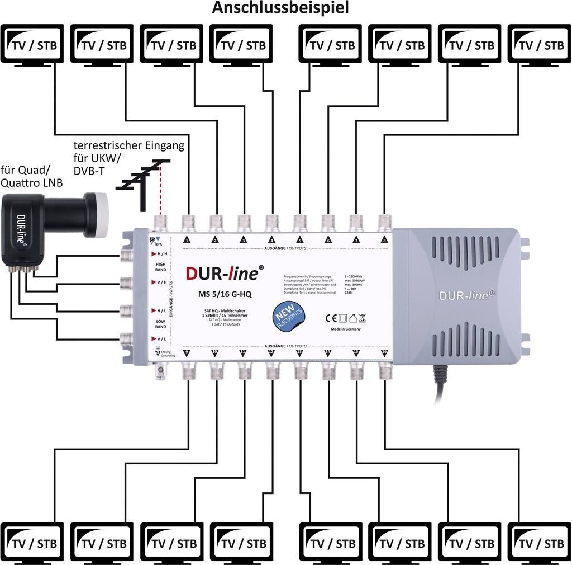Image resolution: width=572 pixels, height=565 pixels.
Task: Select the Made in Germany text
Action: coord(346,329)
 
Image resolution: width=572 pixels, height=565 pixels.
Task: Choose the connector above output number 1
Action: coord(188,222)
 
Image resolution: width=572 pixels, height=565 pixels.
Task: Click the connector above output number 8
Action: coord(384,222)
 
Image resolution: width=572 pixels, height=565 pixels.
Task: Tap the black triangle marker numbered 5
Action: coord(299,240)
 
